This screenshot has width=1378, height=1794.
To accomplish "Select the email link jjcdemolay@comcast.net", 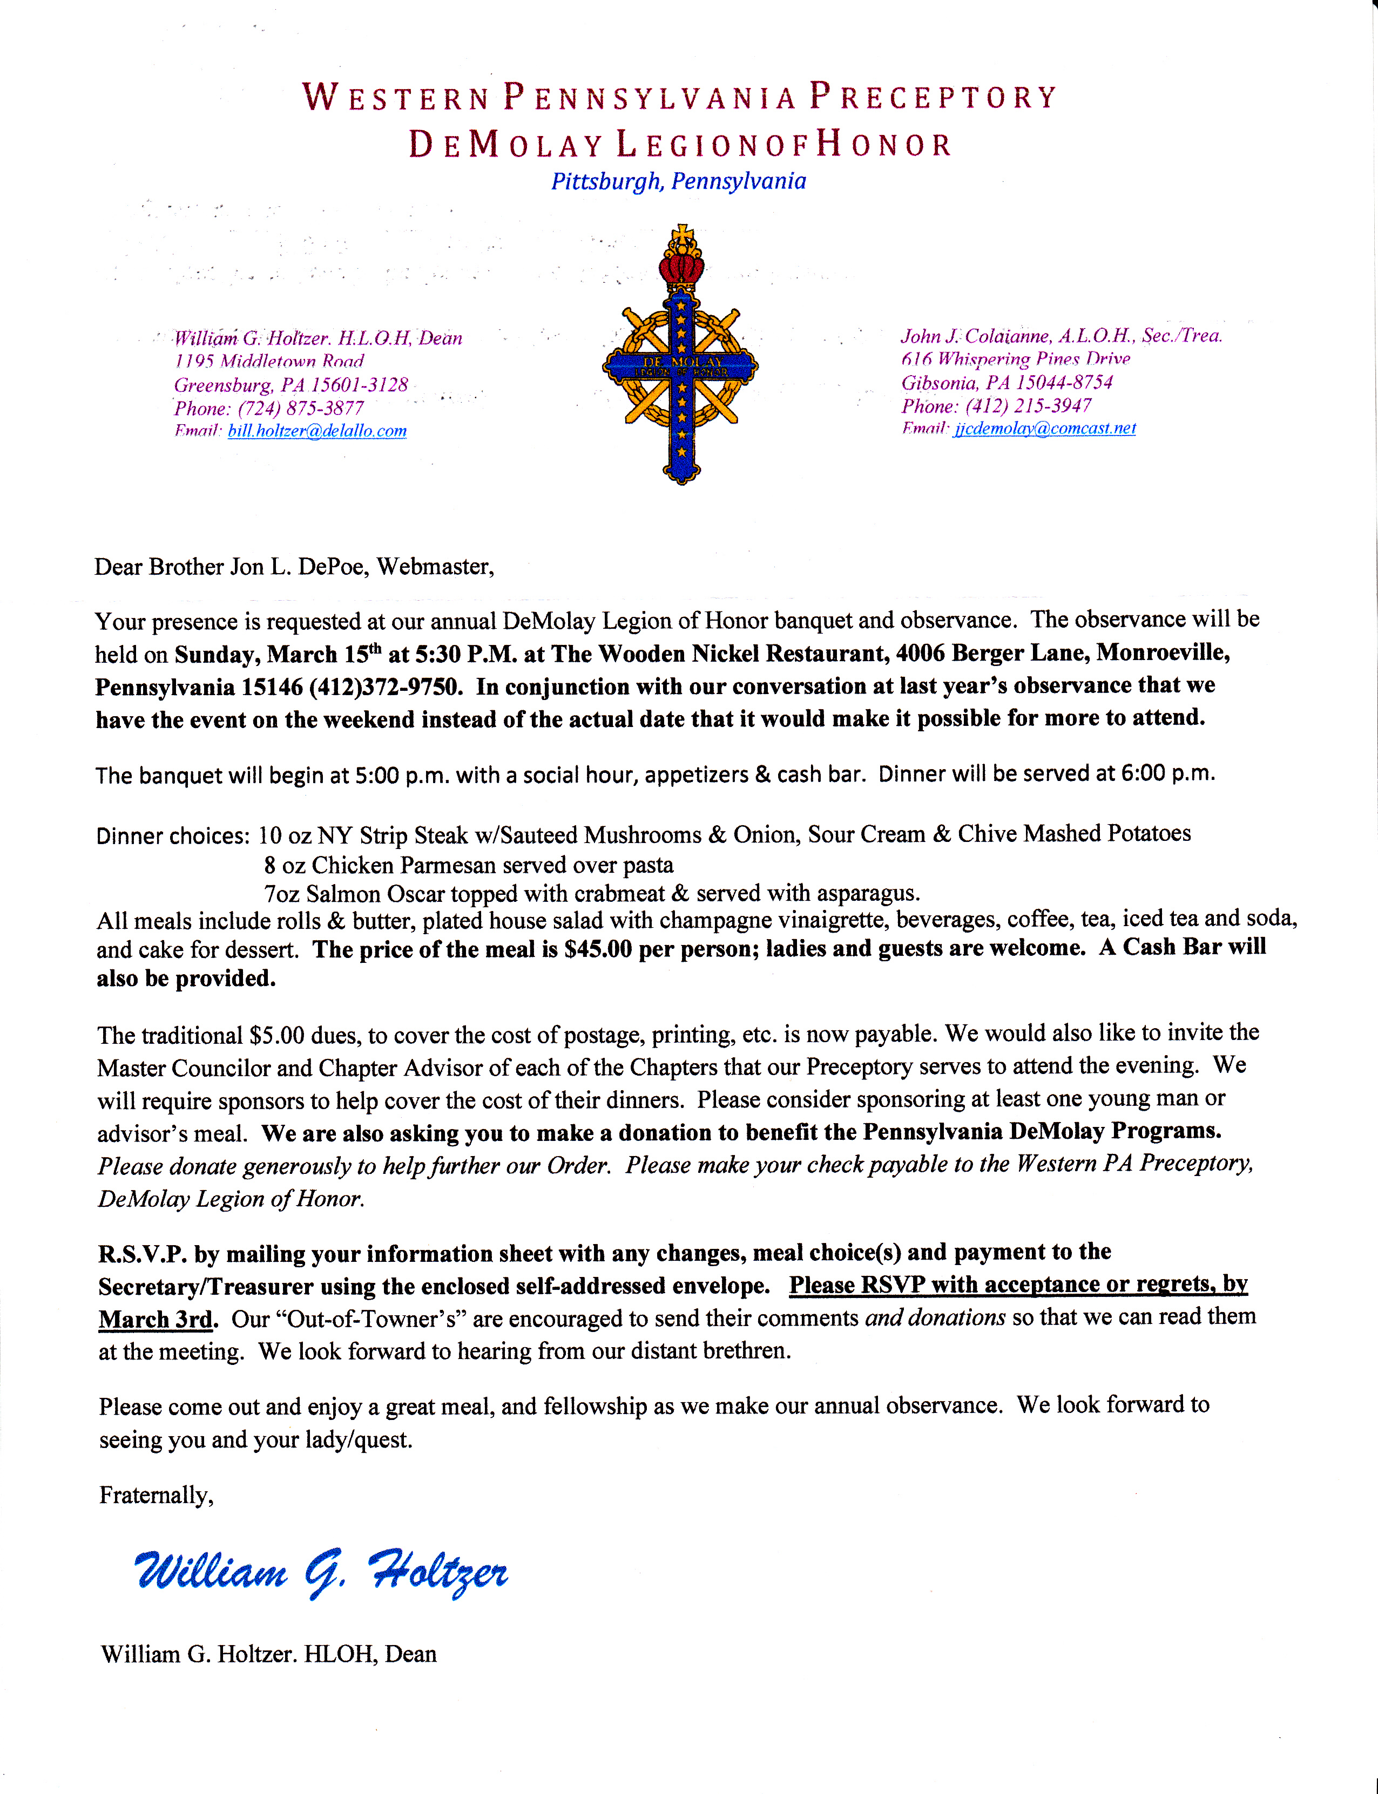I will pyautogui.click(x=1044, y=428).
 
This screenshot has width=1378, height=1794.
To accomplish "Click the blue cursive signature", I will pyautogui.click(x=321, y=1572).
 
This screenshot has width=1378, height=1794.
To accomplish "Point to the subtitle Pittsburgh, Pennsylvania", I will pyautogui.click(x=678, y=181).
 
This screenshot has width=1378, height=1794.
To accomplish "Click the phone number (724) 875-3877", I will pyautogui.click(x=300, y=409).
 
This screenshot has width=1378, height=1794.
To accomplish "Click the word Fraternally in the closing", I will pyautogui.click(x=156, y=1496).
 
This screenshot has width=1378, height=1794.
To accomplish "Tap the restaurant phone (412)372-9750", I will pyautogui.click(x=386, y=687).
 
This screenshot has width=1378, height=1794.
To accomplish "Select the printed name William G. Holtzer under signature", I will pyautogui.click(x=197, y=1654).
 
